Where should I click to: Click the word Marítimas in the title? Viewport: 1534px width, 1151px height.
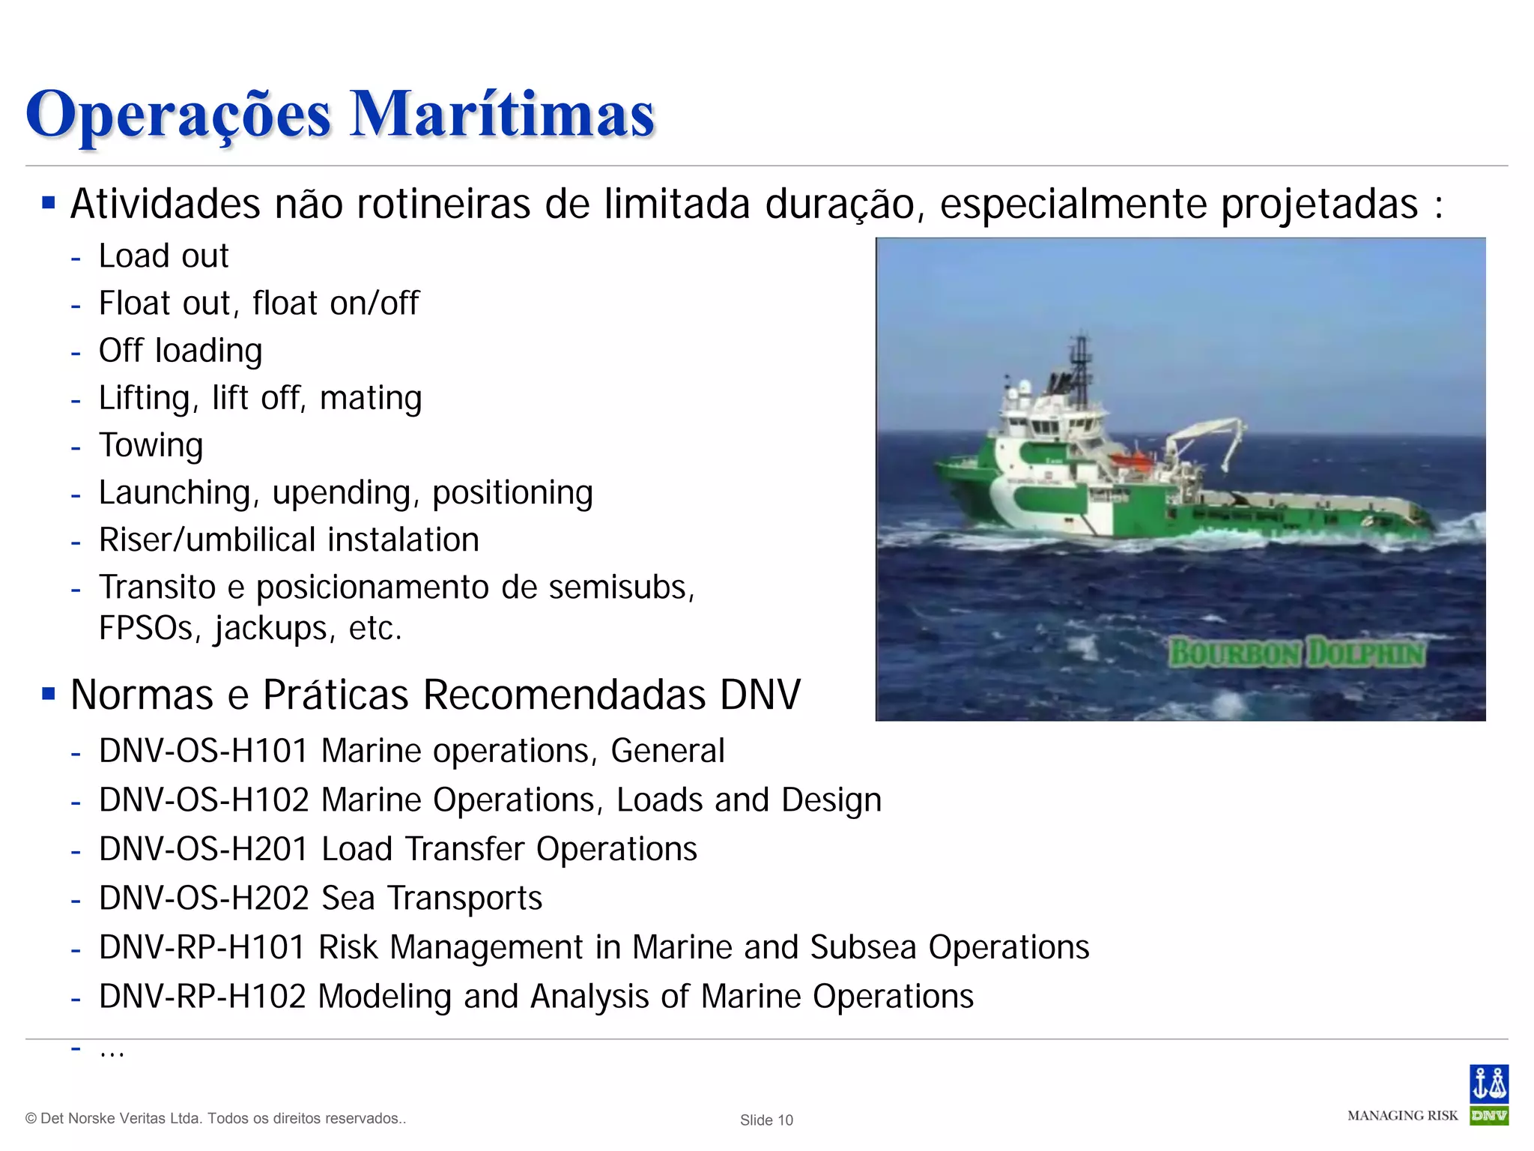[x=502, y=115]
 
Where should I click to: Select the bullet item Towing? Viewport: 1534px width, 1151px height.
[x=151, y=445]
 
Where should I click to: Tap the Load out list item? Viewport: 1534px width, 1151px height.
[x=163, y=256]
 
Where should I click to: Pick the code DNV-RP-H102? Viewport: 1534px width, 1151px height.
[x=201, y=997]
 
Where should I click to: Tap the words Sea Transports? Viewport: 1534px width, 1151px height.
[x=431, y=898]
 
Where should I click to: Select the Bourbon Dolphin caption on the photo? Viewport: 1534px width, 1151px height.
[x=1297, y=653]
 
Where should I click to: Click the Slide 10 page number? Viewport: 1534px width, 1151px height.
[x=766, y=1120]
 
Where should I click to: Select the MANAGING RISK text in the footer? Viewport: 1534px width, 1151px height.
[x=1402, y=1116]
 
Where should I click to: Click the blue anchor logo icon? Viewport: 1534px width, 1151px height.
[x=1488, y=1084]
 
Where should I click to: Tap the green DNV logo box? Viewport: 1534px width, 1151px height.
[x=1488, y=1116]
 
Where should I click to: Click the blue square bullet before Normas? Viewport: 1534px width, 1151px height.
[x=49, y=694]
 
